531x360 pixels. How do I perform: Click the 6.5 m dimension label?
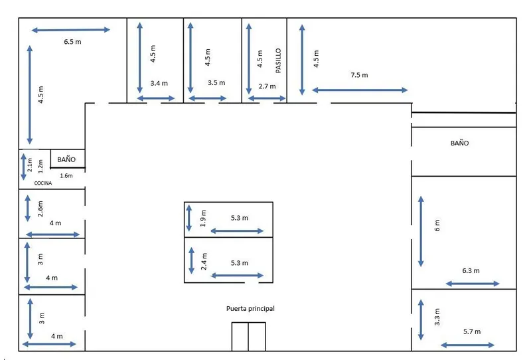[72, 42]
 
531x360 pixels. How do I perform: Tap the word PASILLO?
[278, 60]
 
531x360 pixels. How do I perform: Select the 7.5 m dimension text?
[359, 75]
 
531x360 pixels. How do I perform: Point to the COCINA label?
[43, 183]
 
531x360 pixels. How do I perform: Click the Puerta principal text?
[250, 308]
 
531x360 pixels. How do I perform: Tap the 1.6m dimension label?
[66, 175]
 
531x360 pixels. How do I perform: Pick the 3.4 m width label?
[159, 83]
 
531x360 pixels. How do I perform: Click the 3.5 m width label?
[216, 83]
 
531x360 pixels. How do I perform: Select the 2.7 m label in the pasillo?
[267, 86]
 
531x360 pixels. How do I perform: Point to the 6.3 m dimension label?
[471, 271]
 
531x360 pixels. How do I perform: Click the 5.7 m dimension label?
[472, 331]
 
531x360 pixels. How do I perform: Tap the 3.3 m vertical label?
[437, 317]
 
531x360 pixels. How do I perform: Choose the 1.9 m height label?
[203, 219]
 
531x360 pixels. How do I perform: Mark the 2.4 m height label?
[204, 261]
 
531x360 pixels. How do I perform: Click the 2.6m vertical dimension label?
[40, 209]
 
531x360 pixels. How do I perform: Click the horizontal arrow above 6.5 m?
[71, 30]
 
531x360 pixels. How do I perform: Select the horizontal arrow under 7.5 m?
[360, 90]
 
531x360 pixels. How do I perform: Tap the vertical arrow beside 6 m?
[421, 231]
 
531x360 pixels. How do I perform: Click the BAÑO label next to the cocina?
[66, 159]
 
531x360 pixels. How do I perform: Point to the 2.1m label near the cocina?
[30, 165]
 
